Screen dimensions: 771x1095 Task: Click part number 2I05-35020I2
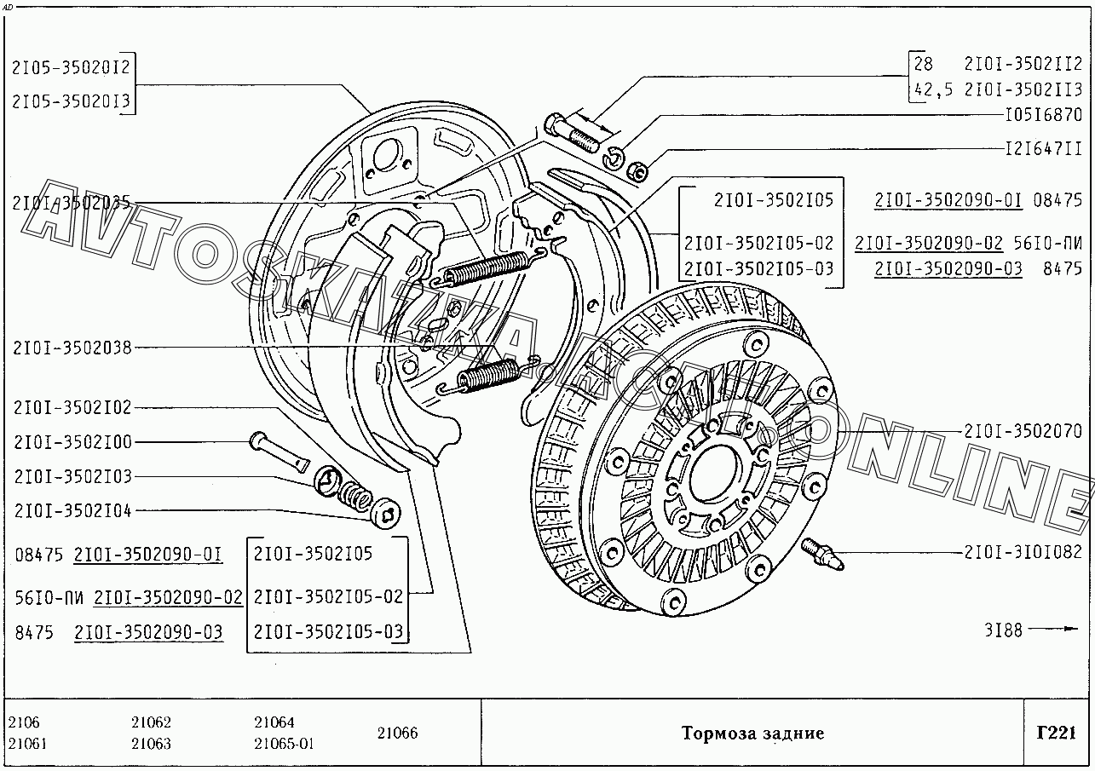click(x=72, y=67)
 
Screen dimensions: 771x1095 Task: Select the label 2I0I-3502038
click(x=72, y=347)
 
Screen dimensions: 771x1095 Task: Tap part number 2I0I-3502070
click(x=1023, y=432)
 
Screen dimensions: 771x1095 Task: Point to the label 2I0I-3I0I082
click(x=1023, y=552)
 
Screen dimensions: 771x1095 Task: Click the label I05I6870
click(x=1043, y=115)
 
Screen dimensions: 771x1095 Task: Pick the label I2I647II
click(x=1043, y=149)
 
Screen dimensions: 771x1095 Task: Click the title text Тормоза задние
click(x=752, y=734)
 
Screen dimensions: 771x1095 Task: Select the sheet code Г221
click(x=1057, y=733)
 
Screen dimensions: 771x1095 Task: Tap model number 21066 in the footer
click(x=397, y=734)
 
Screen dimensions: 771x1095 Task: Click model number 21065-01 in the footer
click(x=284, y=744)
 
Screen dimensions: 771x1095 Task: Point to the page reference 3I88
click(x=1003, y=630)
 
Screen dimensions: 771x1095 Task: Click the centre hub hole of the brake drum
click(x=712, y=471)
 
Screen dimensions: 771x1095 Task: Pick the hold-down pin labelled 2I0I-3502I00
click(x=278, y=451)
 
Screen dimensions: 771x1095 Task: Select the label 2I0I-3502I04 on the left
click(x=72, y=511)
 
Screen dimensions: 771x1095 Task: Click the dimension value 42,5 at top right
click(x=933, y=89)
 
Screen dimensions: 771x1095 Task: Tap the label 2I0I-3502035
click(x=71, y=203)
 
